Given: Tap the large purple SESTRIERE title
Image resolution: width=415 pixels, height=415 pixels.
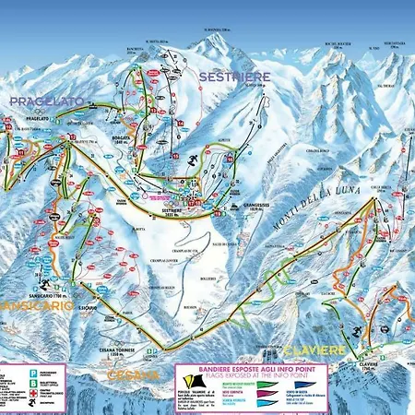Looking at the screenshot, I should tap(231, 78).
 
